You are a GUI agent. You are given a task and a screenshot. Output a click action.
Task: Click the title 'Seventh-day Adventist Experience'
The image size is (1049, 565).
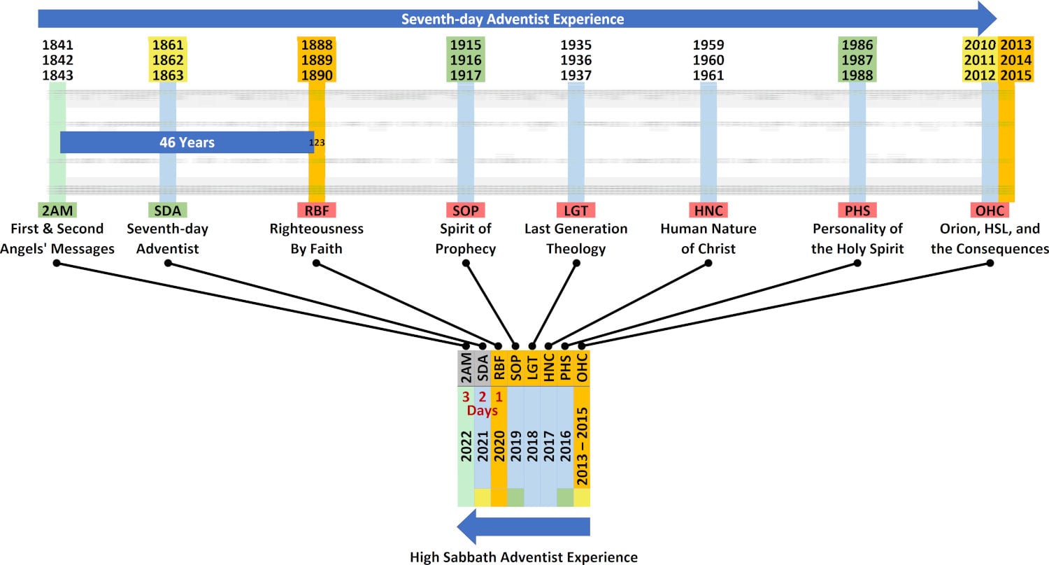513,19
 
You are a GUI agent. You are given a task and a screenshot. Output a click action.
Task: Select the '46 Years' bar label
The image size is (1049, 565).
187,143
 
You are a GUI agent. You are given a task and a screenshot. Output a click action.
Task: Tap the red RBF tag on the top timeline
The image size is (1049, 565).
316,210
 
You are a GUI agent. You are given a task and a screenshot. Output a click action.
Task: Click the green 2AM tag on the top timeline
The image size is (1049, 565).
57,210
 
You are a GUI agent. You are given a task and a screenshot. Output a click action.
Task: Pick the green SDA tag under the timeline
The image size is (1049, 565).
168,210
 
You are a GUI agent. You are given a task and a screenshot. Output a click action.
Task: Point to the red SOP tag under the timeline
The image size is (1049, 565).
465,210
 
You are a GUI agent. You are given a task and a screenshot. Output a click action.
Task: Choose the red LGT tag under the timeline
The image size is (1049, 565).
576,210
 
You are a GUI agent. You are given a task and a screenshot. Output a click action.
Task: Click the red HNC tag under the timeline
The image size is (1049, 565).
708,210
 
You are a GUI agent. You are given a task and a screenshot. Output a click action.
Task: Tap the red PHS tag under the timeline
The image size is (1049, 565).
857,210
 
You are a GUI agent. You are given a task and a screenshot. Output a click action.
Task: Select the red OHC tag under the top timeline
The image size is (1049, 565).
990,210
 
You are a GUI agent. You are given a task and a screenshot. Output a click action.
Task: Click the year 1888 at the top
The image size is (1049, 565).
316,45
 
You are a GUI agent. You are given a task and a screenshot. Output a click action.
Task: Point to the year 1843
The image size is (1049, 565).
57,76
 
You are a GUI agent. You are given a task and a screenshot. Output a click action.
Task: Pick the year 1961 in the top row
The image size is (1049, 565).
708,76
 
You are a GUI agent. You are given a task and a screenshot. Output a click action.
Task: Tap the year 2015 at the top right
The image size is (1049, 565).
1016,76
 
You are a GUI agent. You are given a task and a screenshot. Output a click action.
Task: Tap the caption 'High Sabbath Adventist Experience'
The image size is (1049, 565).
524,557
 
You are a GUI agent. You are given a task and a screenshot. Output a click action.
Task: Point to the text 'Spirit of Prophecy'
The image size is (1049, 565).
465,238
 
